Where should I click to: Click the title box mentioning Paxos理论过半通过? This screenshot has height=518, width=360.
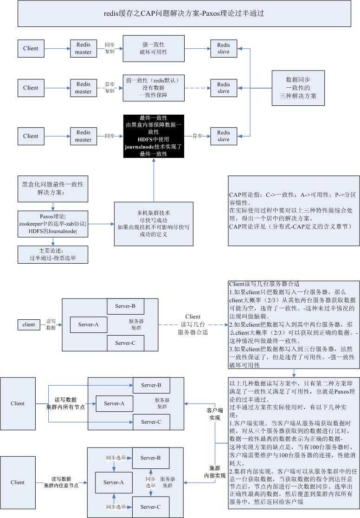click(x=184, y=13)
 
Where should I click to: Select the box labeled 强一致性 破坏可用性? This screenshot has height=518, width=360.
click(x=154, y=48)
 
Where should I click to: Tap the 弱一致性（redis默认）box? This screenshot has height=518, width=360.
click(x=154, y=88)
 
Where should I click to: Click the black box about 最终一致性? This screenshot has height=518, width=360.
click(x=154, y=136)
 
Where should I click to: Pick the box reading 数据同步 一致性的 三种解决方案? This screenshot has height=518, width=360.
click(x=298, y=88)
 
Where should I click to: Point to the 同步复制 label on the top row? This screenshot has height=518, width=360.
click(x=109, y=48)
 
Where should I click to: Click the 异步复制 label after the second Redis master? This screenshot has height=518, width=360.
click(x=109, y=88)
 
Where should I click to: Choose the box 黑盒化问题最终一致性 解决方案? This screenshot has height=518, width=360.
click(x=53, y=188)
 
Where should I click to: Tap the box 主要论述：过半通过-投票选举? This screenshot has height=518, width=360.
click(x=52, y=254)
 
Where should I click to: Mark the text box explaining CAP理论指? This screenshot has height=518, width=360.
click(x=294, y=210)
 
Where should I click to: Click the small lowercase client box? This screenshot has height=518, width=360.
click(x=29, y=324)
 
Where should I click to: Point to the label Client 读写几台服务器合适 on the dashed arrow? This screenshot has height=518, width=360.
click(x=193, y=324)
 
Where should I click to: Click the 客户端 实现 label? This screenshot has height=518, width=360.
click(x=214, y=414)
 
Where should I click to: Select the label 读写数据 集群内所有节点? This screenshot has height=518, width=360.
click(x=64, y=403)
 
